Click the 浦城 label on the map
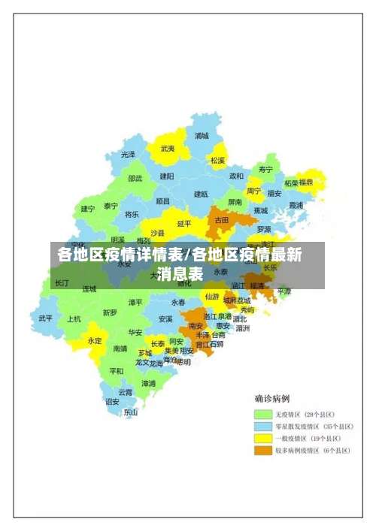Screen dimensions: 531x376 202,136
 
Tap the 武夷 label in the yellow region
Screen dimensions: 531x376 167,149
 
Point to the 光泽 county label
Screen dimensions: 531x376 129,154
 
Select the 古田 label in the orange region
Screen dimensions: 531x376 222,221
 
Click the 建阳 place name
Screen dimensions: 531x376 166,176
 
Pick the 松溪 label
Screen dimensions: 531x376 217,160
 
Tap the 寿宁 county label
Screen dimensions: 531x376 265,169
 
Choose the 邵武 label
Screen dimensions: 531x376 135,178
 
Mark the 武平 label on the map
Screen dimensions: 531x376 46,318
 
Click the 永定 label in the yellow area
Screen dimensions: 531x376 94,340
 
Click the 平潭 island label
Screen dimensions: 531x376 284,291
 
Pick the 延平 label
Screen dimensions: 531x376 184,223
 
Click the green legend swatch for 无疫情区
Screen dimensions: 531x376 262,414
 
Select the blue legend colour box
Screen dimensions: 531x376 262,426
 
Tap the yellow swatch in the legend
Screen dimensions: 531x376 262,438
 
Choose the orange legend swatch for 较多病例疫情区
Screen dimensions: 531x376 262,450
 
